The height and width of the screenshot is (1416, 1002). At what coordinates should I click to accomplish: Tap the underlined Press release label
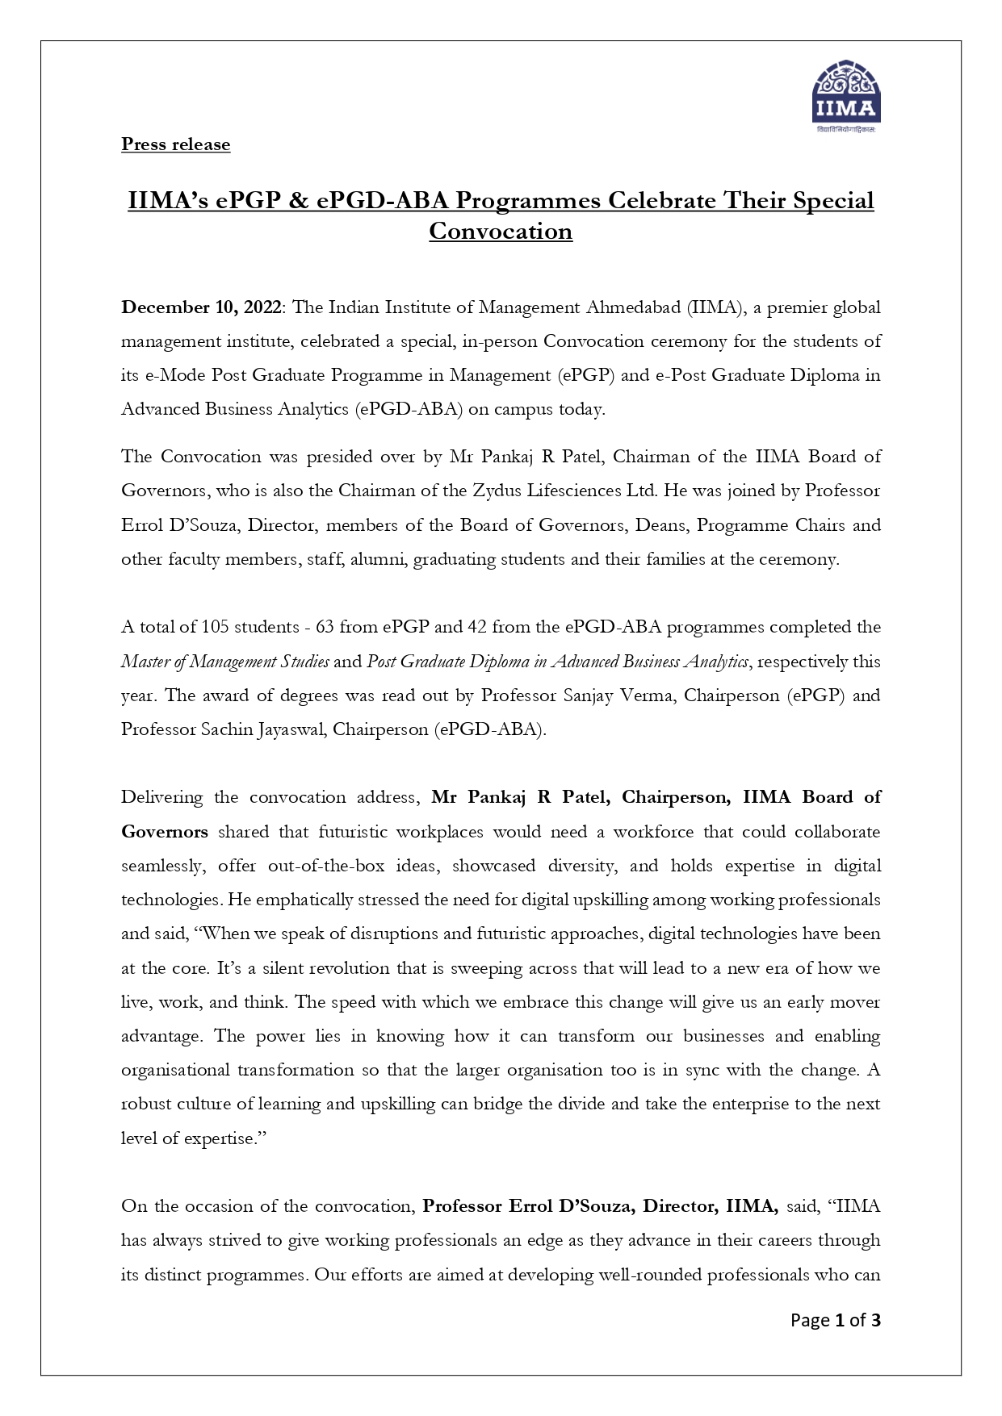pos(175,144)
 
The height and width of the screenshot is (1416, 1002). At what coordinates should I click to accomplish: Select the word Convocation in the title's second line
pos(501,232)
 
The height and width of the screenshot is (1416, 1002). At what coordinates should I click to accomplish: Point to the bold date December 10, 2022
pos(201,307)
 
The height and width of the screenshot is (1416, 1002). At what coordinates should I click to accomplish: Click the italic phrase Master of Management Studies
pos(224,662)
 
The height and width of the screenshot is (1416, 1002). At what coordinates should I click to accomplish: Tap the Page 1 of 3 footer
pos(835,1321)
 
